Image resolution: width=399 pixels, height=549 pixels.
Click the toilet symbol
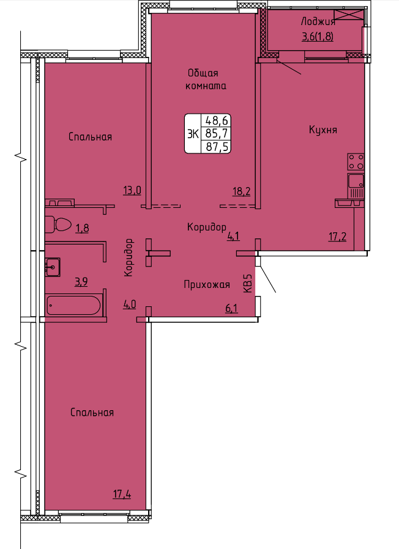click(x=58, y=224)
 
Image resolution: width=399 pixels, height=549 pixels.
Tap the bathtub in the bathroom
click(x=73, y=305)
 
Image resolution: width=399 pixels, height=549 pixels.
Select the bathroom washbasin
click(x=53, y=267)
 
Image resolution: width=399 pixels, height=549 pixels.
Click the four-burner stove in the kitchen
click(x=356, y=162)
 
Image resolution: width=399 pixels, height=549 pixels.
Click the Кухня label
click(x=323, y=130)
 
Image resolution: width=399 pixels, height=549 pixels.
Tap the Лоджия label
click(x=318, y=22)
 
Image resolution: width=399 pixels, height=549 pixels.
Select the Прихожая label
click(x=207, y=285)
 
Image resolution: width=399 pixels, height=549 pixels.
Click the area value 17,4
click(x=122, y=495)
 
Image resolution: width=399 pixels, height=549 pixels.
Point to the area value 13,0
click(x=132, y=191)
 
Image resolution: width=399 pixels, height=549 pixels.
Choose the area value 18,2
click(x=242, y=191)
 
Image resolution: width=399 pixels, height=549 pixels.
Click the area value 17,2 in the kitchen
click(x=337, y=237)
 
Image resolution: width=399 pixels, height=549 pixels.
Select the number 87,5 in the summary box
click(x=217, y=147)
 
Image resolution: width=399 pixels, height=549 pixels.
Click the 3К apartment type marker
click(x=193, y=134)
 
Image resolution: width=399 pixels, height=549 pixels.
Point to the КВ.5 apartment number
click(x=247, y=283)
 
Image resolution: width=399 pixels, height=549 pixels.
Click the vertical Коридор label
click(x=129, y=258)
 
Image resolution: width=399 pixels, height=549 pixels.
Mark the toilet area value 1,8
click(x=82, y=228)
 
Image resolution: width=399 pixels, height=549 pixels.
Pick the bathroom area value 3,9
click(x=81, y=281)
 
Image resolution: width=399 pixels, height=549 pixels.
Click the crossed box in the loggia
click(x=349, y=15)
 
